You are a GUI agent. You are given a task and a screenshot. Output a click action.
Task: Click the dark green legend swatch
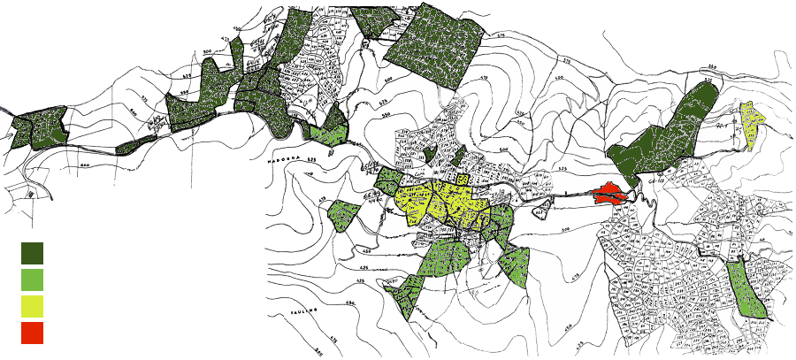click(x=32, y=253)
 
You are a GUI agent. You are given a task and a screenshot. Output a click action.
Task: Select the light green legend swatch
click(x=32, y=280)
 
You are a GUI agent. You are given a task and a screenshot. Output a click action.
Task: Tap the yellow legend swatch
click(x=32, y=306)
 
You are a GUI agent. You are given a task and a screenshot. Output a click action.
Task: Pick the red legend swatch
click(x=32, y=333)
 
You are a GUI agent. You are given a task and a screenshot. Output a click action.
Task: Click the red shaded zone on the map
click(x=609, y=193)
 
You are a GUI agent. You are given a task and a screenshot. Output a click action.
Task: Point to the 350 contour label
click(x=711, y=67)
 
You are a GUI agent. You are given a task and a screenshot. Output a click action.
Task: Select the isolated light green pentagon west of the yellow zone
click(x=343, y=215)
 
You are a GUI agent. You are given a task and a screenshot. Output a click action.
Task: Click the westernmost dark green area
click(x=38, y=128)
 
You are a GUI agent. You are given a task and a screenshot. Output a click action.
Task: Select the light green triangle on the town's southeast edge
click(x=514, y=265)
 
